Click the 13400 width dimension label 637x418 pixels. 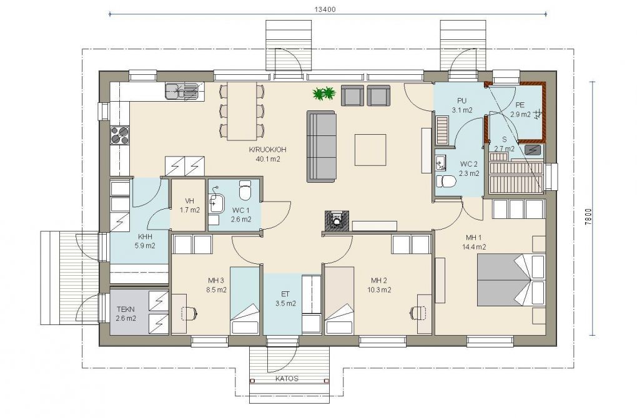(x=325, y=9)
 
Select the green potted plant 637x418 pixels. (x=324, y=94)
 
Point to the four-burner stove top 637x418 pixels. (x=120, y=135)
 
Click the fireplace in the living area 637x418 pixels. (x=337, y=221)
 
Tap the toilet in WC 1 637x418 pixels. (x=245, y=190)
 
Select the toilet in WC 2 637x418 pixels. (x=446, y=181)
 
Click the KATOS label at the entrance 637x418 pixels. (x=287, y=379)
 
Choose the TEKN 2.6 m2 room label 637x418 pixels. (x=126, y=314)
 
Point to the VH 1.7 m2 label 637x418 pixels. (x=190, y=205)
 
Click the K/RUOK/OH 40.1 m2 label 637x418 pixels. (x=264, y=154)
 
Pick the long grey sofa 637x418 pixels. (x=322, y=146)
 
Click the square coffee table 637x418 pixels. (x=370, y=150)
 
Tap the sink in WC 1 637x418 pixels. (x=215, y=201)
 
